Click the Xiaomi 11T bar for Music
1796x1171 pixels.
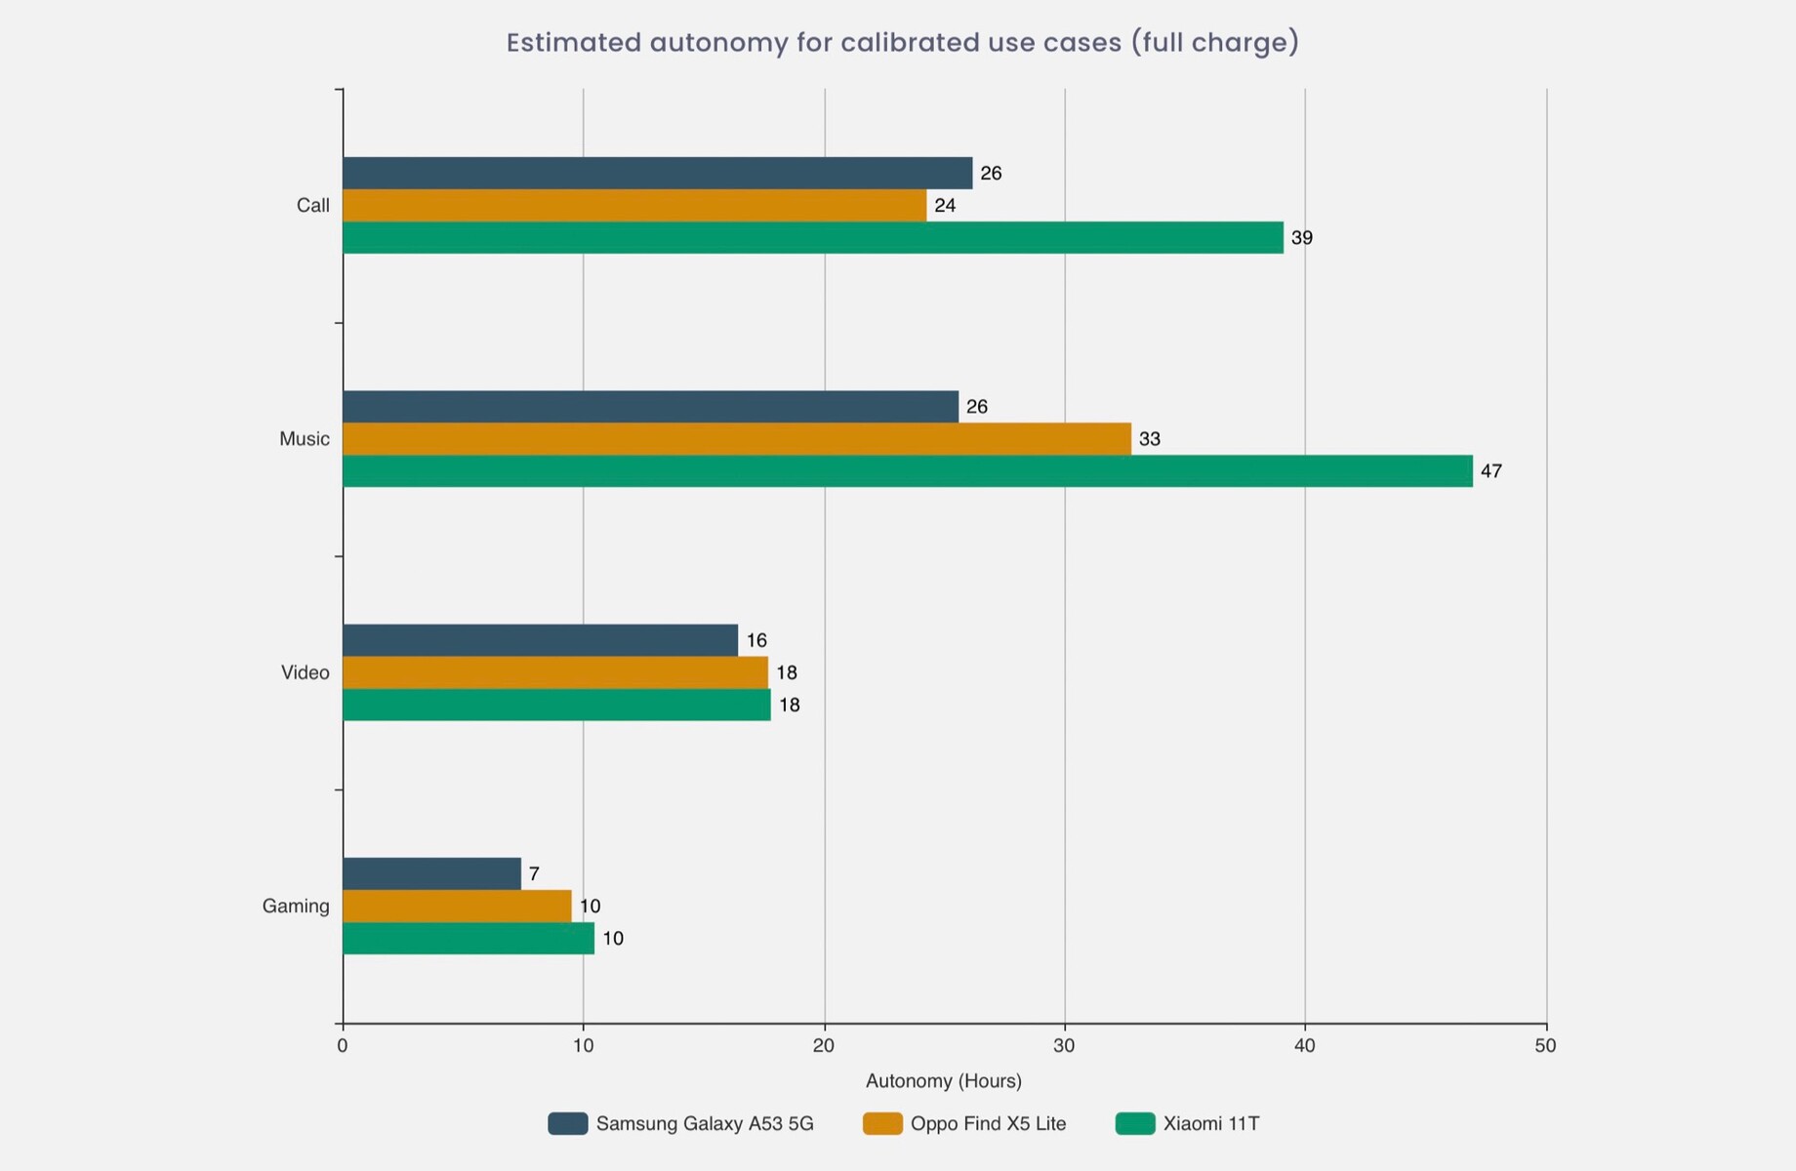click(x=908, y=471)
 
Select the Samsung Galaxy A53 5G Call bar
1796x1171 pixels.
click(x=657, y=173)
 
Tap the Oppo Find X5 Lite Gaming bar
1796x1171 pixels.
click(x=457, y=907)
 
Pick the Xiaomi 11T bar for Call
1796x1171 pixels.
click(x=813, y=238)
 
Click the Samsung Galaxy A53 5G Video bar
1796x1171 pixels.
click(x=540, y=640)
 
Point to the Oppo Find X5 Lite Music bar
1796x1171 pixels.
click(x=737, y=439)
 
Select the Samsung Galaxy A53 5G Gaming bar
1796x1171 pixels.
click(x=431, y=874)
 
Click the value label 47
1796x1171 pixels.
click(x=1490, y=471)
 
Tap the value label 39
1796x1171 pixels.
click(x=1301, y=238)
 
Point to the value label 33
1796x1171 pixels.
click(x=1149, y=439)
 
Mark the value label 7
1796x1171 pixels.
click(x=534, y=874)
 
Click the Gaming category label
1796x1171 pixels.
click(x=296, y=907)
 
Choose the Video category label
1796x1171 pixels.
click(x=306, y=673)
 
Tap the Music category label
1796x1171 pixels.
click(x=305, y=439)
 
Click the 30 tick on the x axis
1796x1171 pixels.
click(x=1064, y=1046)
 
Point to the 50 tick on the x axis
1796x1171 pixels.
click(x=1545, y=1046)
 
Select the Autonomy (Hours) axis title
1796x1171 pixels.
click(x=943, y=1081)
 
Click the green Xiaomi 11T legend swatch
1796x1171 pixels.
click(x=1134, y=1124)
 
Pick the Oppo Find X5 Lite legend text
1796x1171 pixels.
click(x=988, y=1124)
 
